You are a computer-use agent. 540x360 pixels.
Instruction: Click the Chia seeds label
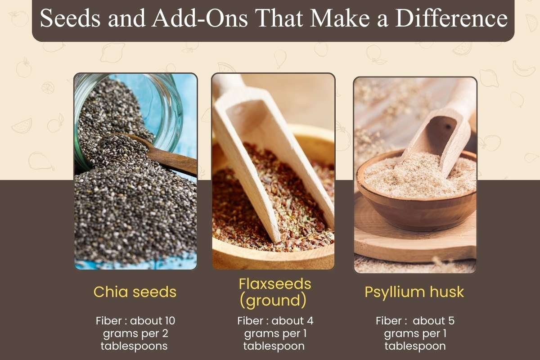coord(135,292)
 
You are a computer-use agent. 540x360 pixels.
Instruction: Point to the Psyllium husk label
coord(414,292)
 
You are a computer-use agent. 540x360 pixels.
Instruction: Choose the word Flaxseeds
coord(275,284)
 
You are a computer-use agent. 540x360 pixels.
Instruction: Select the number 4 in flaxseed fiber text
coord(310,321)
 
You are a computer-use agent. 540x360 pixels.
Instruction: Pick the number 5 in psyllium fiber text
coord(451,321)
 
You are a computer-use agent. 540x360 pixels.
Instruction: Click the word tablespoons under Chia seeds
coord(134,346)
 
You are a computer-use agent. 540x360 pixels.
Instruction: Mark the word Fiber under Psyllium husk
coord(389,321)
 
